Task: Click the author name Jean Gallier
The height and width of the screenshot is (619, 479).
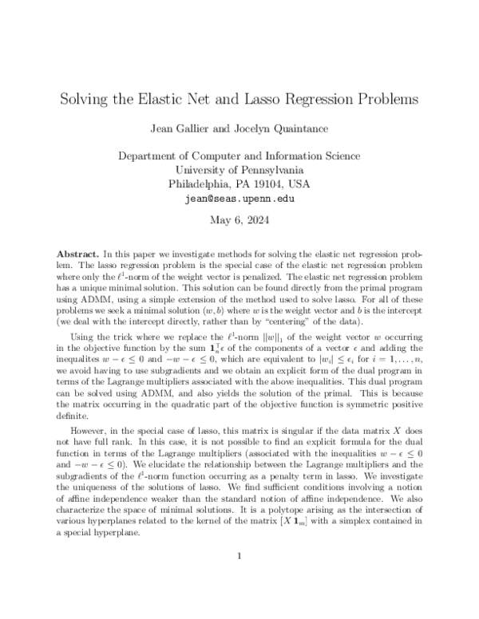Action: click(189, 129)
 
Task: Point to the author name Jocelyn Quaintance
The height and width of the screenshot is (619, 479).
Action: click(287, 129)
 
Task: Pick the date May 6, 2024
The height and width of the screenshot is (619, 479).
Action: click(239, 220)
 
